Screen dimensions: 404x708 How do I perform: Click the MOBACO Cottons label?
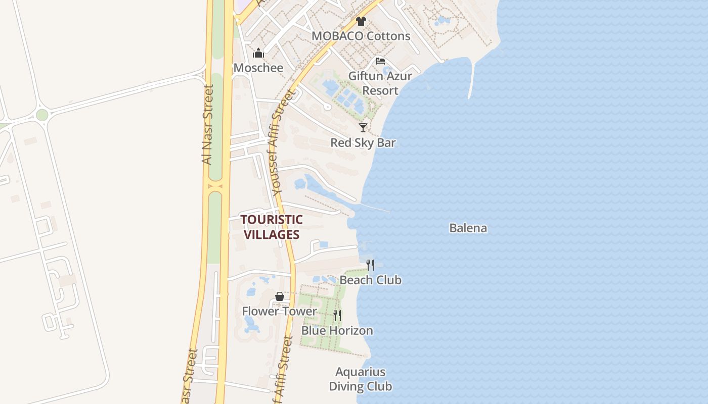pyautogui.click(x=361, y=36)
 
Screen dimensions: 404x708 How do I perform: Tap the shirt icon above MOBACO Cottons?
pyautogui.click(x=361, y=21)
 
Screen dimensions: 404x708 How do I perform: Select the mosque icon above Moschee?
pyautogui.click(x=258, y=53)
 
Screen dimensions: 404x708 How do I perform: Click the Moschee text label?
pyautogui.click(x=258, y=68)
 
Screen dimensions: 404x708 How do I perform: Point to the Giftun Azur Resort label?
pyautogui.click(x=380, y=83)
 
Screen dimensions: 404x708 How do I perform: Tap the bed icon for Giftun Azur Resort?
pyautogui.click(x=380, y=62)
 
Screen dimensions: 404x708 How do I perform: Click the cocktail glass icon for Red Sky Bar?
pyautogui.click(x=363, y=128)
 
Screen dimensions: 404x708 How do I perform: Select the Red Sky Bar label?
pyautogui.click(x=363, y=143)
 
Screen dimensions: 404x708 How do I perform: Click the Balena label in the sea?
pyautogui.click(x=468, y=228)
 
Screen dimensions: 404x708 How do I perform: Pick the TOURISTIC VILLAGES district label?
pyautogui.click(x=272, y=227)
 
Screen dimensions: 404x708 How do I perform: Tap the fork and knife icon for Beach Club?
pyautogui.click(x=370, y=265)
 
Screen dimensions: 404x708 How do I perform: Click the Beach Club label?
pyautogui.click(x=370, y=280)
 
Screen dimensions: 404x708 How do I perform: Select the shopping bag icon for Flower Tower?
pyautogui.click(x=279, y=296)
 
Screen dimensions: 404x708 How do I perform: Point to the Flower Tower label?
pyautogui.click(x=279, y=311)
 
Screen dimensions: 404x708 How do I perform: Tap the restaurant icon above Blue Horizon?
pyautogui.click(x=337, y=316)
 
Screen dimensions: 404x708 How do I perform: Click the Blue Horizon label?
pyautogui.click(x=337, y=331)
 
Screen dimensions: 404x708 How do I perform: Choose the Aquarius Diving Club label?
pyautogui.click(x=361, y=379)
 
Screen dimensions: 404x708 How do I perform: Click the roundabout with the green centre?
pyautogui.click(x=42, y=115)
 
